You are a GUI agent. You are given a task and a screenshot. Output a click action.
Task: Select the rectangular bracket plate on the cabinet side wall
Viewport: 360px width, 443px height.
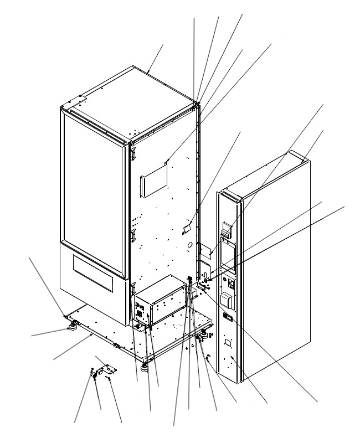154,179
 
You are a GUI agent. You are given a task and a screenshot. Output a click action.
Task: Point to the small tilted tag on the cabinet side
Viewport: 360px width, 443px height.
187,228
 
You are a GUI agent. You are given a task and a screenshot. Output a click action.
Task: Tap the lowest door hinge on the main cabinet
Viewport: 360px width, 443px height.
133,287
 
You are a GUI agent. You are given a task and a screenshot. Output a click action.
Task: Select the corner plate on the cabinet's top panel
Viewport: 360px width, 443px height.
78,102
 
